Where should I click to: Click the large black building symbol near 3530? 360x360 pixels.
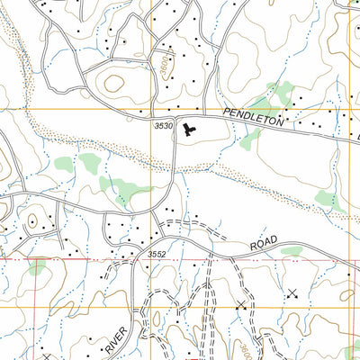(x=188, y=131)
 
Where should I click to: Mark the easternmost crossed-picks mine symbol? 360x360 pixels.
(x=292, y=293)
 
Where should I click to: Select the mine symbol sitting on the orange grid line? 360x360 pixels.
(x=240, y=307)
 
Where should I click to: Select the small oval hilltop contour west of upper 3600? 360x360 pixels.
(x=114, y=82)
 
